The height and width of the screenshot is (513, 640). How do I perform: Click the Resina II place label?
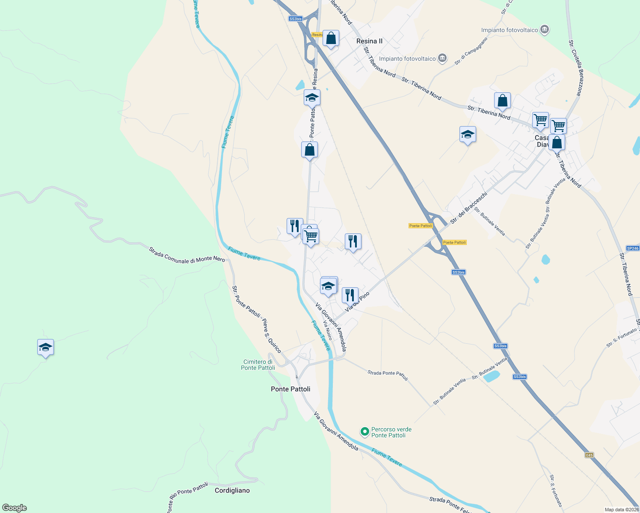(369, 41)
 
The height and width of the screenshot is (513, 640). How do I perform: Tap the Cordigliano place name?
(232, 490)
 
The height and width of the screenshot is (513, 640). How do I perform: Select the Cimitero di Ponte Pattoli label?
(258, 365)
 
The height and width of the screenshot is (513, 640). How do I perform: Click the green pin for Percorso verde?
(364, 432)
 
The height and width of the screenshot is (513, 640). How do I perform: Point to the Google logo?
(14, 508)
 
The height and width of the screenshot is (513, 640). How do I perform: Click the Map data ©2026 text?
(621, 510)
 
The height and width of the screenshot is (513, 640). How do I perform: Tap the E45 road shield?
(590, 455)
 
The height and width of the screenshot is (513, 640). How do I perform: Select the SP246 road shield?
(632, 248)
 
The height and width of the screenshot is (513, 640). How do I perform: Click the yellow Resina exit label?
(317, 35)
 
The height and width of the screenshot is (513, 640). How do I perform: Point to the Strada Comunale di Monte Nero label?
(187, 255)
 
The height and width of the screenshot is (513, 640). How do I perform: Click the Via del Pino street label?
(357, 302)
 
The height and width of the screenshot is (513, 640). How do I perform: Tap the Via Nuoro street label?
(327, 330)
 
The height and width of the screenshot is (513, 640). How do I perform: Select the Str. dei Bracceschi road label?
(468, 208)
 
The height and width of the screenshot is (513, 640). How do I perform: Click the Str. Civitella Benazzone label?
(575, 68)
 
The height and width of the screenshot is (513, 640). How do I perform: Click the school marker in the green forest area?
(45, 348)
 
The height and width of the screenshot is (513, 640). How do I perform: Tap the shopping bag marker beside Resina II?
(331, 38)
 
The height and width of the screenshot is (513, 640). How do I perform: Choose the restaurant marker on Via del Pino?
(350, 295)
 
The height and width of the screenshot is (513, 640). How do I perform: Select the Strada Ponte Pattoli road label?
(388, 375)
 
